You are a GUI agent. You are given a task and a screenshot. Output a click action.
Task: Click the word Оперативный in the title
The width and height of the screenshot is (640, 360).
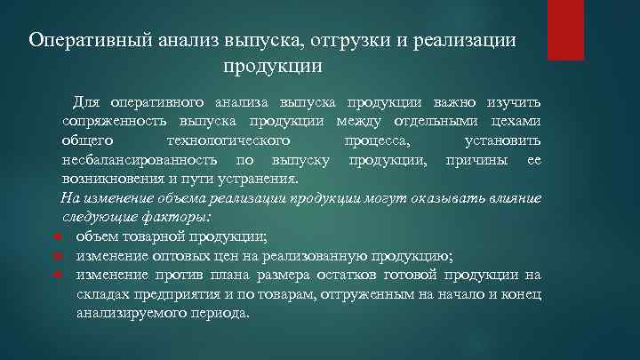pyautogui.click(x=83, y=41)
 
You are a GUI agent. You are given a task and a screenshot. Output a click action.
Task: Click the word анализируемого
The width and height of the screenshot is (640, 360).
pyautogui.click(x=134, y=314)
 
